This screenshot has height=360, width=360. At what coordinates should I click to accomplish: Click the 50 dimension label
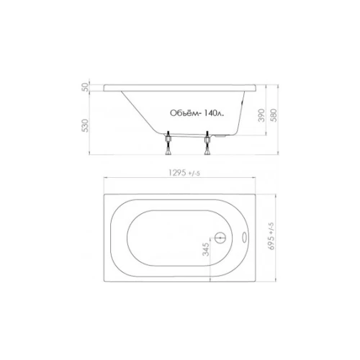click(86, 88)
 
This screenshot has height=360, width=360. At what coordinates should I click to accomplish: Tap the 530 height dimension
click(86, 125)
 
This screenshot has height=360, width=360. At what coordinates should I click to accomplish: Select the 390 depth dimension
click(261, 115)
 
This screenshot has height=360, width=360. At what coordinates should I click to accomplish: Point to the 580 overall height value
click(274, 115)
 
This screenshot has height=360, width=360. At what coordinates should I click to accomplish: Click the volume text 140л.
click(214, 113)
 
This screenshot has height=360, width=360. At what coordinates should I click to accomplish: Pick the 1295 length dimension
click(178, 173)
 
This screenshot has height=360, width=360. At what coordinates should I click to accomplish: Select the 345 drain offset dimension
click(206, 249)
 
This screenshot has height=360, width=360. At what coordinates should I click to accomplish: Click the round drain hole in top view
click(220, 238)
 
